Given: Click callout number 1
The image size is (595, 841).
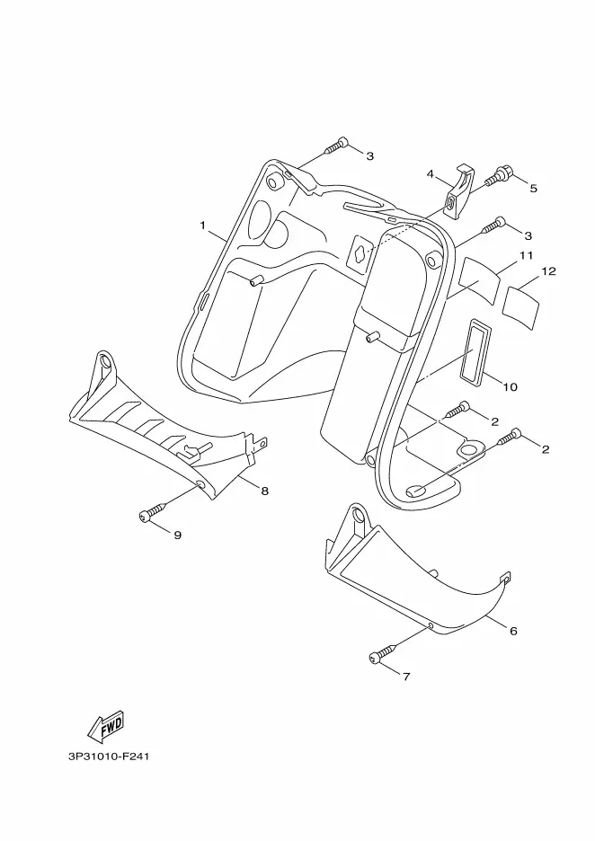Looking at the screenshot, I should (203, 225).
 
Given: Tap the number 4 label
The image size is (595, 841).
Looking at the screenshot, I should (431, 173).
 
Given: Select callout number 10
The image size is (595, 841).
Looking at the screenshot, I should (510, 387).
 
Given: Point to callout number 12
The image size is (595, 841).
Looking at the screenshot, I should (548, 270).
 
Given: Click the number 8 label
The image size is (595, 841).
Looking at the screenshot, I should (265, 491).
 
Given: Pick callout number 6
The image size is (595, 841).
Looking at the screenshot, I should (513, 631).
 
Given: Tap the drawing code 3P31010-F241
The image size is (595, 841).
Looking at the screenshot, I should (107, 757).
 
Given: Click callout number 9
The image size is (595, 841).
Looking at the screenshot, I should (177, 535).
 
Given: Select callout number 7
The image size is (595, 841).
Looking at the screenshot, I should (405, 677).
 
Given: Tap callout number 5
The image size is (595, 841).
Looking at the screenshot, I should (533, 189).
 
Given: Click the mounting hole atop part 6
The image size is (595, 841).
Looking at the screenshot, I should (358, 517).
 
